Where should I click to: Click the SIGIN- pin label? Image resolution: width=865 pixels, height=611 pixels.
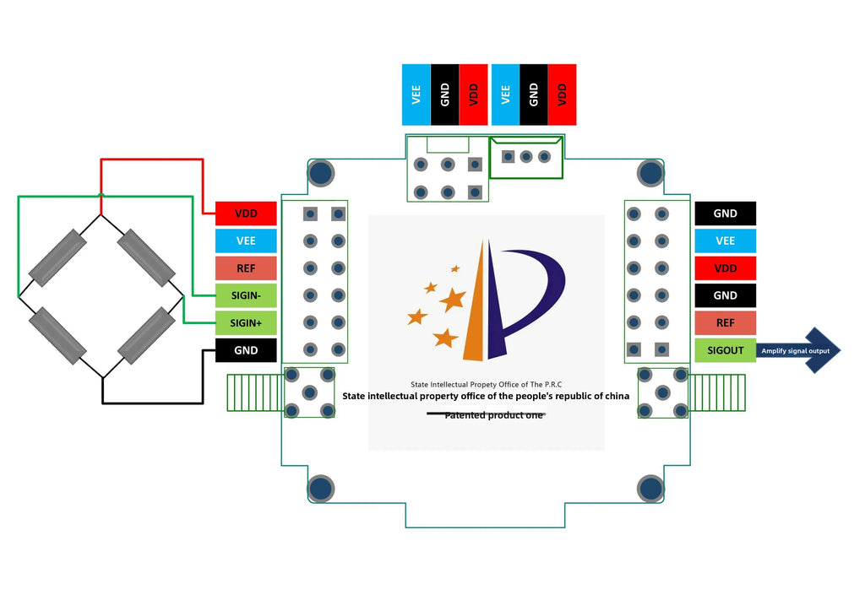246,296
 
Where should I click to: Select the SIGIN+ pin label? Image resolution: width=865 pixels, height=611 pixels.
246,323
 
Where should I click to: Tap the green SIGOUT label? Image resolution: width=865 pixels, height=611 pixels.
725,350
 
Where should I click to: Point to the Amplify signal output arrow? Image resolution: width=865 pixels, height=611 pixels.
797,350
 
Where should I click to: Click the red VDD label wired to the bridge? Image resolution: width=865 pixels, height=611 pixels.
246,214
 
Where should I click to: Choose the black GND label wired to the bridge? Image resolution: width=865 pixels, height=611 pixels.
246,350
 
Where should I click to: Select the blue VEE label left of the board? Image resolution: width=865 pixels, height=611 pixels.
246,241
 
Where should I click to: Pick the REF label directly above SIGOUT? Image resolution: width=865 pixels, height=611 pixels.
725,323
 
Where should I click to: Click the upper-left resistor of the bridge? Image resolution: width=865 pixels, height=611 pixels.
57,258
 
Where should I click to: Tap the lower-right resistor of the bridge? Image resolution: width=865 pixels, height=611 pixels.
147,336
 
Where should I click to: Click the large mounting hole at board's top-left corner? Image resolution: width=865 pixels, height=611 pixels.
320,173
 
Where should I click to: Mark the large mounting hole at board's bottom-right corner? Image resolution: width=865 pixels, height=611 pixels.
650,489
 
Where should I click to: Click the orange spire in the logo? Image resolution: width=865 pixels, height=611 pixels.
476,309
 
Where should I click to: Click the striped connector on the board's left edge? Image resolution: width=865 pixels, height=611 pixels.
256,392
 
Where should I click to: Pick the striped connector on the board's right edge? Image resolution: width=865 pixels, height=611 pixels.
716,392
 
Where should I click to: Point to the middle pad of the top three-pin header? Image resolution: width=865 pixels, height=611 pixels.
526,157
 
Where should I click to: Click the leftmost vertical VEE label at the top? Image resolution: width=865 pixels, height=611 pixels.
416,95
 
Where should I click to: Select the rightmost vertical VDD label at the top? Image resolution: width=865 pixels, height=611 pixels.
562,95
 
